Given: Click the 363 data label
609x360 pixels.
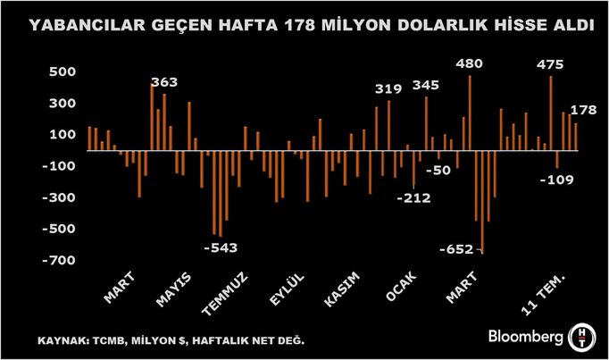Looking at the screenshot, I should tap(164, 83).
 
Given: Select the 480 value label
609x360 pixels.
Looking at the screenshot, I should tap(470, 64).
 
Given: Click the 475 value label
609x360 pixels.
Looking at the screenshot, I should tap(551, 64).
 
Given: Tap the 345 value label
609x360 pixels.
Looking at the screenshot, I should tap(426, 86).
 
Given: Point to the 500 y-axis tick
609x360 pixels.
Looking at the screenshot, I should tap(64, 71).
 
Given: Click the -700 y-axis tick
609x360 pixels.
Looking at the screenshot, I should tap(60, 260).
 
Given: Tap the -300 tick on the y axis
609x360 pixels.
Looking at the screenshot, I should tap(60, 197).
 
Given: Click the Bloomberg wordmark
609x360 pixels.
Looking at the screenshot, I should tap(526, 337).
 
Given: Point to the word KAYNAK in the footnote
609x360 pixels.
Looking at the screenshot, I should tap(60, 341).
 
